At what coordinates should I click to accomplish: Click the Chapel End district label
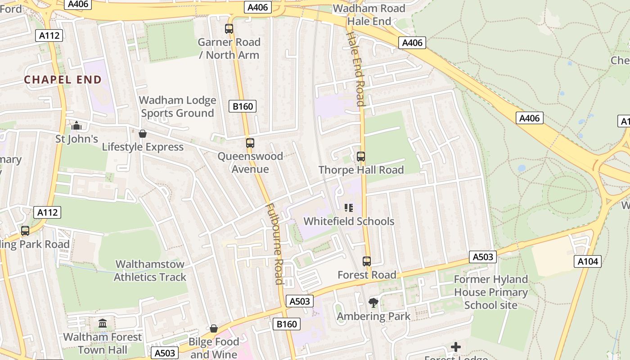click(x=63, y=80)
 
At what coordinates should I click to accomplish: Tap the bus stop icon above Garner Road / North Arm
click(x=229, y=29)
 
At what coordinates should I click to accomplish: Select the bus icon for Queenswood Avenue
click(x=250, y=143)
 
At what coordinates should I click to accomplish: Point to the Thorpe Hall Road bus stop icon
click(x=361, y=157)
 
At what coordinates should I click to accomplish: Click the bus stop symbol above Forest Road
click(x=367, y=261)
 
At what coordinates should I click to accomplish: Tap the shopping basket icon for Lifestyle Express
click(x=143, y=134)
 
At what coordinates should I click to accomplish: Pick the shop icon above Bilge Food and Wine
click(x=214, y=329)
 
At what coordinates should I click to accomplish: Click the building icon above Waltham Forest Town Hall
click(x=103, y=323)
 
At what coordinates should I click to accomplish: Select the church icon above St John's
click(x=76, y=125)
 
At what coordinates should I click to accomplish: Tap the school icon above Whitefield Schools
click(x=349, y=208)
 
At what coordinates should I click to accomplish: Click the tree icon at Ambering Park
click(x=373, y=303)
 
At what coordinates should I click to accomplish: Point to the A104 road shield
click(x=588, y=261)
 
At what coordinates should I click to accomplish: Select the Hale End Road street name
click(x=355, y=69)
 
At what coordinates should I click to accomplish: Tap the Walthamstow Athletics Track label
click(x=150, y=270)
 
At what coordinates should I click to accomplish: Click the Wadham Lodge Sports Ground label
click(x=178, y=107)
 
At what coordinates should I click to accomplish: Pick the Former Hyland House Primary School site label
click(x=490, y=292)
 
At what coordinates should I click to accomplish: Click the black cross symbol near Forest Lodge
click(x=456, y=347)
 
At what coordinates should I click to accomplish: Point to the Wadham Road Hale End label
click(x=369, y=15)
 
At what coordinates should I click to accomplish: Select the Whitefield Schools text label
click(x=349, y=221)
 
